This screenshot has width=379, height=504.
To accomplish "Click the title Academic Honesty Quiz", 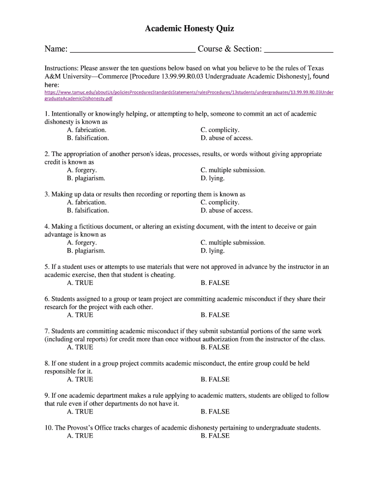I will pos(189,29).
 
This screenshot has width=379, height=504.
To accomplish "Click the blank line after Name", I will pos(132,49).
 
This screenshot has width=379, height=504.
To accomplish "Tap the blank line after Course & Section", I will pos(299,49).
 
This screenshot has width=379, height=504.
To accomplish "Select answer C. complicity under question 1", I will pos(220,130).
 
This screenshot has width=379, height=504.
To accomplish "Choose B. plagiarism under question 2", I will pos(86,178).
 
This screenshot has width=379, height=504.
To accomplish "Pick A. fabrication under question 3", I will pos(87,202).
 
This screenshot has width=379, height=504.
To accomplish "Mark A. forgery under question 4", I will pos(82,243).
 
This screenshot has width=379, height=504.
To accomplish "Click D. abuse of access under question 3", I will pos(226,210).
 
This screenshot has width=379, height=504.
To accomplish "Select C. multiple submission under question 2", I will pos(233,170).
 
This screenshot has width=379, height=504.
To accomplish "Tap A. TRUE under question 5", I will pos(80,283).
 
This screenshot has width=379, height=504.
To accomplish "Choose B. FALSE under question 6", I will pos(215,315).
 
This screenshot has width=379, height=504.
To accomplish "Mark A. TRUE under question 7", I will pos(80,347).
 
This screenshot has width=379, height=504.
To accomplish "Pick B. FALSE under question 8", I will pos(215,379).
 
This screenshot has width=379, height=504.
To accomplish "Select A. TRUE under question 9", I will pos(80,411).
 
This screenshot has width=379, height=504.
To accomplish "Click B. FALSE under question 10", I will pos(215,436).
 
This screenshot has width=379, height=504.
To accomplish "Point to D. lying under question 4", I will pos(213,251).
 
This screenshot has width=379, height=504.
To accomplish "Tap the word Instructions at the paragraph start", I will pos(62,68).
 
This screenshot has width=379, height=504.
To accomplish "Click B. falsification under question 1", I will pos(88,138).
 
